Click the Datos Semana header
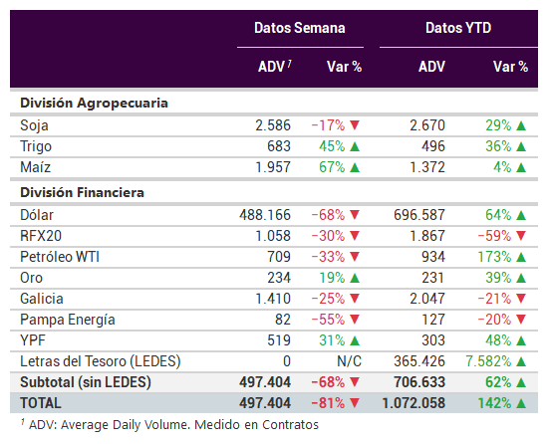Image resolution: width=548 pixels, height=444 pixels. coord(300,28)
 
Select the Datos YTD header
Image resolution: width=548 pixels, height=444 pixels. coord(458,28)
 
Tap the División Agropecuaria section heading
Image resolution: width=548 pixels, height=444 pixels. coord(94,104)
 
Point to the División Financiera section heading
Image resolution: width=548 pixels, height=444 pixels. coord(82,193)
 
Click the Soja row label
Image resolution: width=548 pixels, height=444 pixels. coord(34,125)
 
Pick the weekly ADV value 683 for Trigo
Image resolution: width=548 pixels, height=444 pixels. coord(279,146)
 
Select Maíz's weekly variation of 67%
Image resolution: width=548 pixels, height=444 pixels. coord(332,167)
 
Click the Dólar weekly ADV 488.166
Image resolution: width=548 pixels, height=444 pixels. coord(265,215)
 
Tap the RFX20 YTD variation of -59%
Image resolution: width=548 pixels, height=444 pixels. coord(494,236)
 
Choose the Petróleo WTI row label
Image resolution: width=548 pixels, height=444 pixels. coord(60,257)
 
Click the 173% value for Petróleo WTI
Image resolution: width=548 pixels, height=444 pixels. coord(494,257)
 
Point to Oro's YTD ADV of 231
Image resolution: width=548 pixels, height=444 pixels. coord(432,278)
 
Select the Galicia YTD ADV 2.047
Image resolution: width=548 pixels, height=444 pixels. coord(427,299)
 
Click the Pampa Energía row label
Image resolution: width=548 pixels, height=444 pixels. coord(68,321)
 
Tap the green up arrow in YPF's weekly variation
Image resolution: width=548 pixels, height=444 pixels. coord(355,340)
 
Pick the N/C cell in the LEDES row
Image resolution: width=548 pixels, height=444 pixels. coord(349,361)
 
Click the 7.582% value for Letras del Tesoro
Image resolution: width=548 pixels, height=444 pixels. coord(488,361)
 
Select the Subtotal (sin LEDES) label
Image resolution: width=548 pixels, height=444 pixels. coord(86,382)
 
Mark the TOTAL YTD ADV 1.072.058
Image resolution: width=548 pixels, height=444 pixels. coord(413,403)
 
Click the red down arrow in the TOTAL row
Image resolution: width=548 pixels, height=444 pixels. coord(355,403)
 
